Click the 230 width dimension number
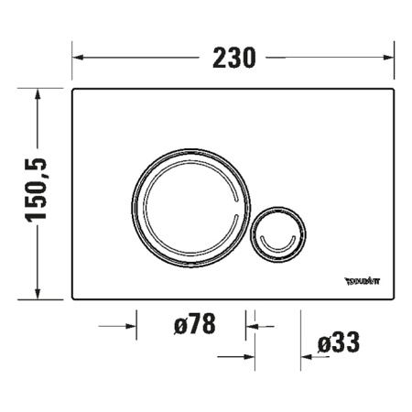click(x=233, y=57)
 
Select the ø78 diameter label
click(x=193, y=324)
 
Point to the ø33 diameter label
click(x=338, y=343)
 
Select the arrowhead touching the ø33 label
click(x=308, y=358)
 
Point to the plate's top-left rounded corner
click(x=75, y=92)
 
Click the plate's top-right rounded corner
click(x=391, y=92)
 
